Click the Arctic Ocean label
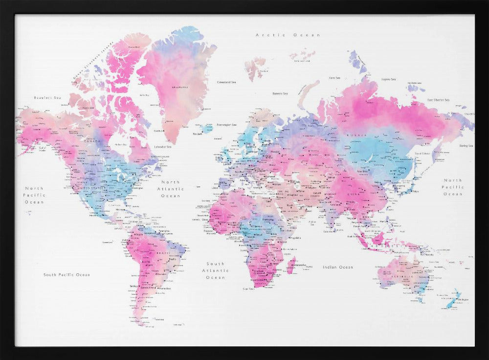pos(288,35)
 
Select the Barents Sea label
pos(280,93)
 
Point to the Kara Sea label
pos(334,77)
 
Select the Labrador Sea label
pos(162,147)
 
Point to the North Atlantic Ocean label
pos(171,189)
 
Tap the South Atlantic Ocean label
pos(215,270)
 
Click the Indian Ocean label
pos(337,267)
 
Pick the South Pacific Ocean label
pos(67,275)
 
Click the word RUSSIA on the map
pos(354,135)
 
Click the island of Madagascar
pos(291,267)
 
